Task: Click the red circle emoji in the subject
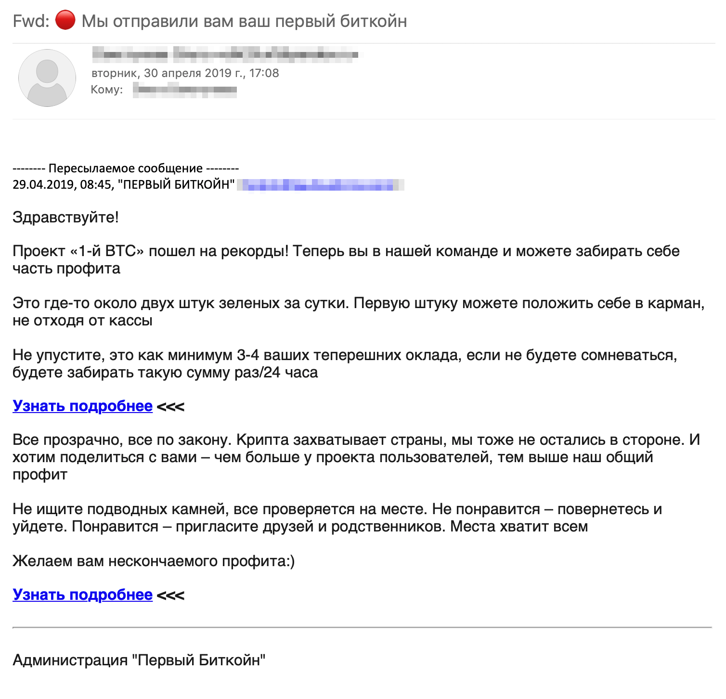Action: (65, 21)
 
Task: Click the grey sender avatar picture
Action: (47, 78)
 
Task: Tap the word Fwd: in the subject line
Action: (31, 21)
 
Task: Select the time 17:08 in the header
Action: (264, 73)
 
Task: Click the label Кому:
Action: (107, 90)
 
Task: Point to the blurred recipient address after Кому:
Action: (185, 90)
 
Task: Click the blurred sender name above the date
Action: (225, 54)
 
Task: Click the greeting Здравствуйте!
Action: (65, 217)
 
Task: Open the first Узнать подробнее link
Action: (82, 406)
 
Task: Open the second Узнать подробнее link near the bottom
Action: (82, 595)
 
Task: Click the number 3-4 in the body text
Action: (248, 355)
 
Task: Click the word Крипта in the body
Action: (263, 440)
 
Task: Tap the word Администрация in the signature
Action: (70, 660)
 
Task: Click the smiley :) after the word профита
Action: (289, 561)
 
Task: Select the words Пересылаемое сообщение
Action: (126, 168)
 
